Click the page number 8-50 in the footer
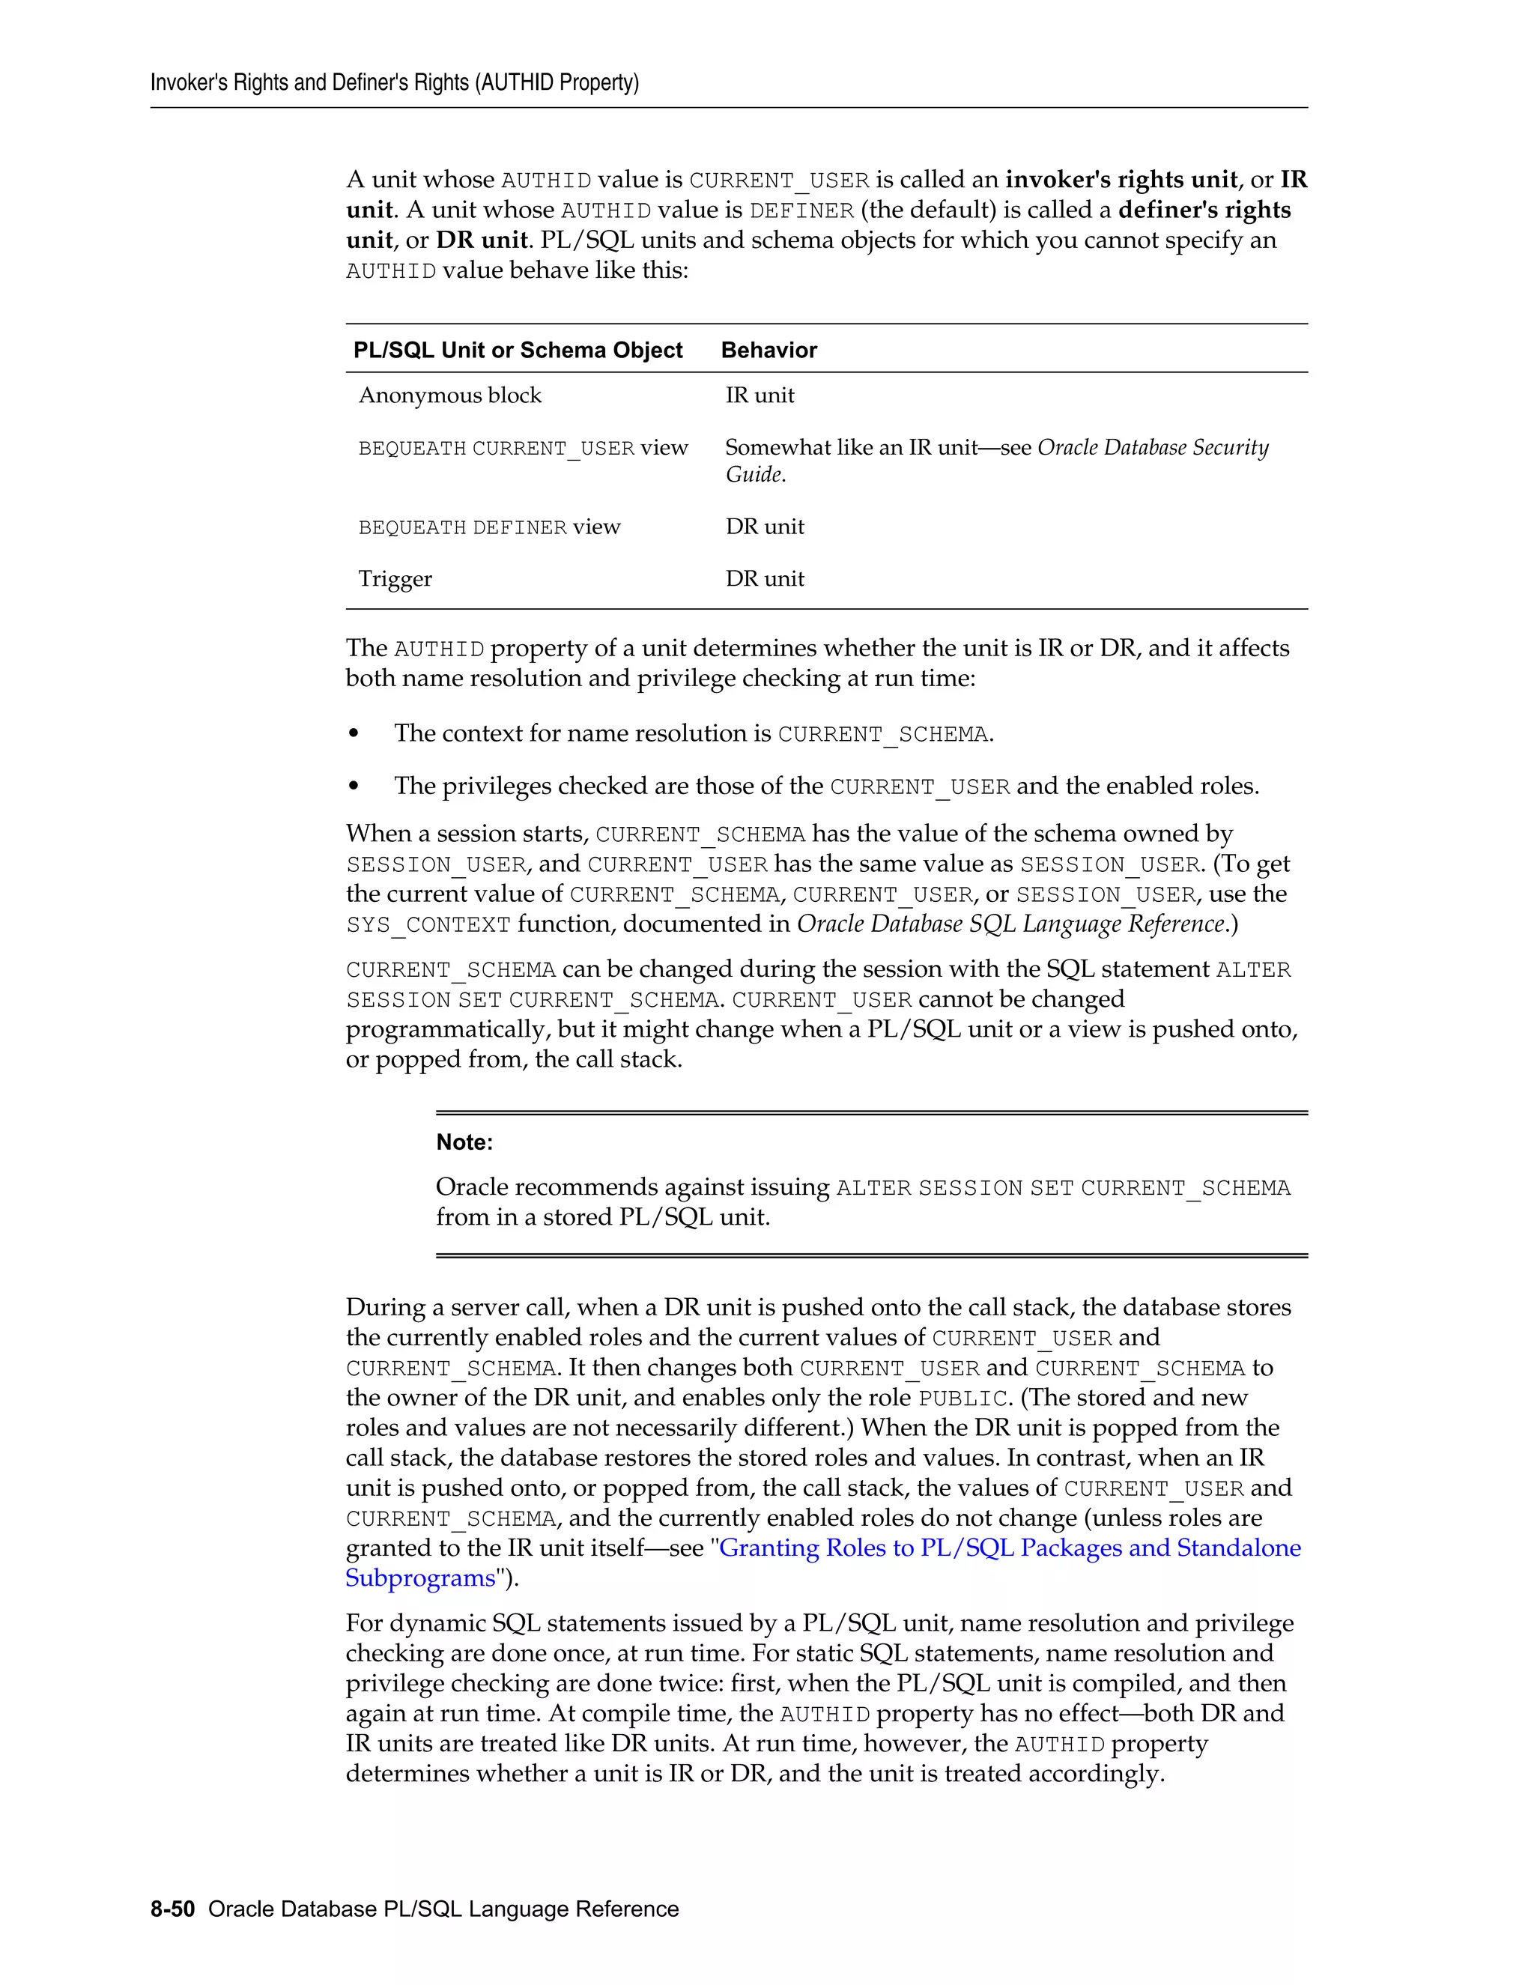(x=173, y=1909)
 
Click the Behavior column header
(x=768, y=351)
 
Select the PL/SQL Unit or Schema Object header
(x=518, y=351)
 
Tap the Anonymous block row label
(x=450, y=396)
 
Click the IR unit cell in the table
(x=760, y=396)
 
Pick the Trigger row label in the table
(x=395, y=579)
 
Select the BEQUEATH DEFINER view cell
(x=489, y=527)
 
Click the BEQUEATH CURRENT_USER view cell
(x=523, y=448)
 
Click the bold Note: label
(x=464, y=1142)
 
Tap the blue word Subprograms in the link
(x=420, y=1578)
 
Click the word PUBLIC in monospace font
(x=962, y=1398)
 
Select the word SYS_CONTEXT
(x=428, y=925)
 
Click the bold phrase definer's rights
(x=1204, y=210)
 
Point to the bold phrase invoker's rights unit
(x=1121, y=180)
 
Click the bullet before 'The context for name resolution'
(x=354, y=733)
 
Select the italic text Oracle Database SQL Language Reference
(x=1011, y=924)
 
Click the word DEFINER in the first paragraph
(x=801, y=211)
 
